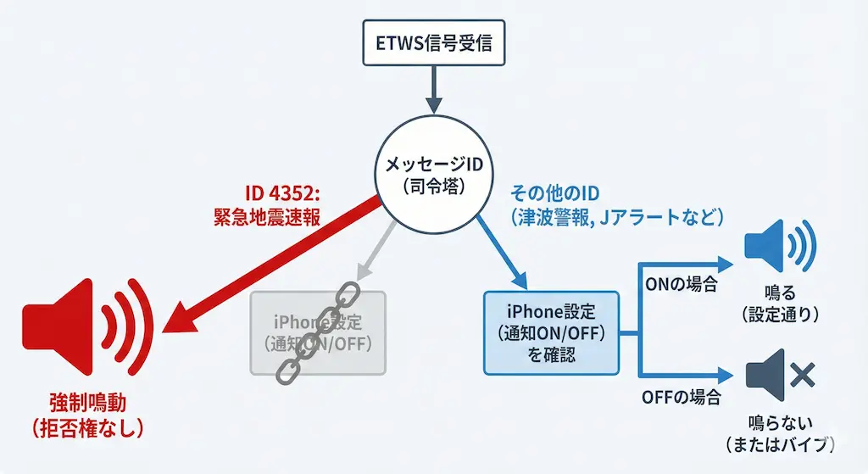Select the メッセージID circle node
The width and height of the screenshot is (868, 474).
[433, 178]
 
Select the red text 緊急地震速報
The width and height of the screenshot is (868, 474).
[267, 217]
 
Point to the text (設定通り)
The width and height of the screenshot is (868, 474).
[779, 315]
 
